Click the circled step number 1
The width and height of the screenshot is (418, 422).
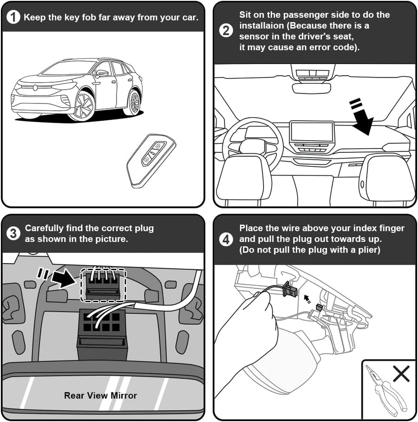click(x=13, y=17)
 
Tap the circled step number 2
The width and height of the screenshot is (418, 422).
click(x=226, y=31)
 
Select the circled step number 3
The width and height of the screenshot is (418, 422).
click(x=13, y=233)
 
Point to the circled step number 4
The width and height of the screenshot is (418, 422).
click(x=226, y=239)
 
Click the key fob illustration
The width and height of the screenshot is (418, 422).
click(x=151, y=161)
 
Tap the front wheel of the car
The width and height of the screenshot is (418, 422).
click(x=82, y=106)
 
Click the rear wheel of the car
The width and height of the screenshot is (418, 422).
click(x=133, y=102)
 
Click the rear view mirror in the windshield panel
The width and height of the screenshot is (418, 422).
click(x=311, y=88)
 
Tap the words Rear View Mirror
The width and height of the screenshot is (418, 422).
click(x=100, y=396)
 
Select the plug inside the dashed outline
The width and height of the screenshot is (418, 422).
click(x=103, y=284)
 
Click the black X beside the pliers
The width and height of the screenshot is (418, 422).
click(x=401, y=373)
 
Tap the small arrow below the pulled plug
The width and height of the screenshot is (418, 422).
click(x=307, y=299)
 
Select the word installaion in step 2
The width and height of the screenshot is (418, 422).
click(x=261, y=26)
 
